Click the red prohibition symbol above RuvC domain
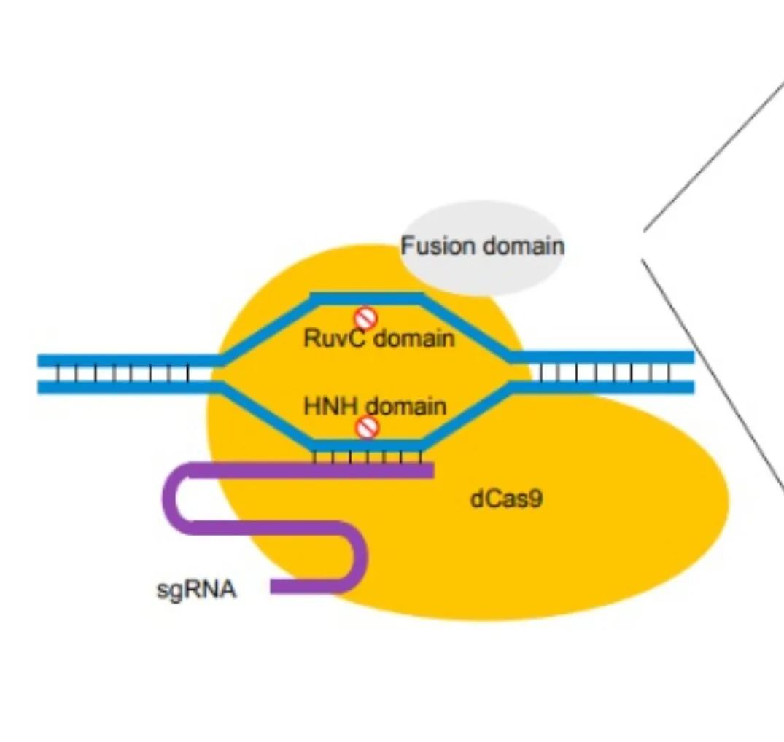tap(365, 319)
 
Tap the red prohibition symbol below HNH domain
tap(368, 428)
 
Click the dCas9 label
tap(507, 499)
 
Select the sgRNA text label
tap(197, 589)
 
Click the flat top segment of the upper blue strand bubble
tap(367, 297)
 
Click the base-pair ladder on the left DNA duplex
tap(124, 372)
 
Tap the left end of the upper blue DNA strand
tap(42, 359)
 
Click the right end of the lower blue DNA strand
tap(690, 388)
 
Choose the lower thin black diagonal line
tap(711, 372)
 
